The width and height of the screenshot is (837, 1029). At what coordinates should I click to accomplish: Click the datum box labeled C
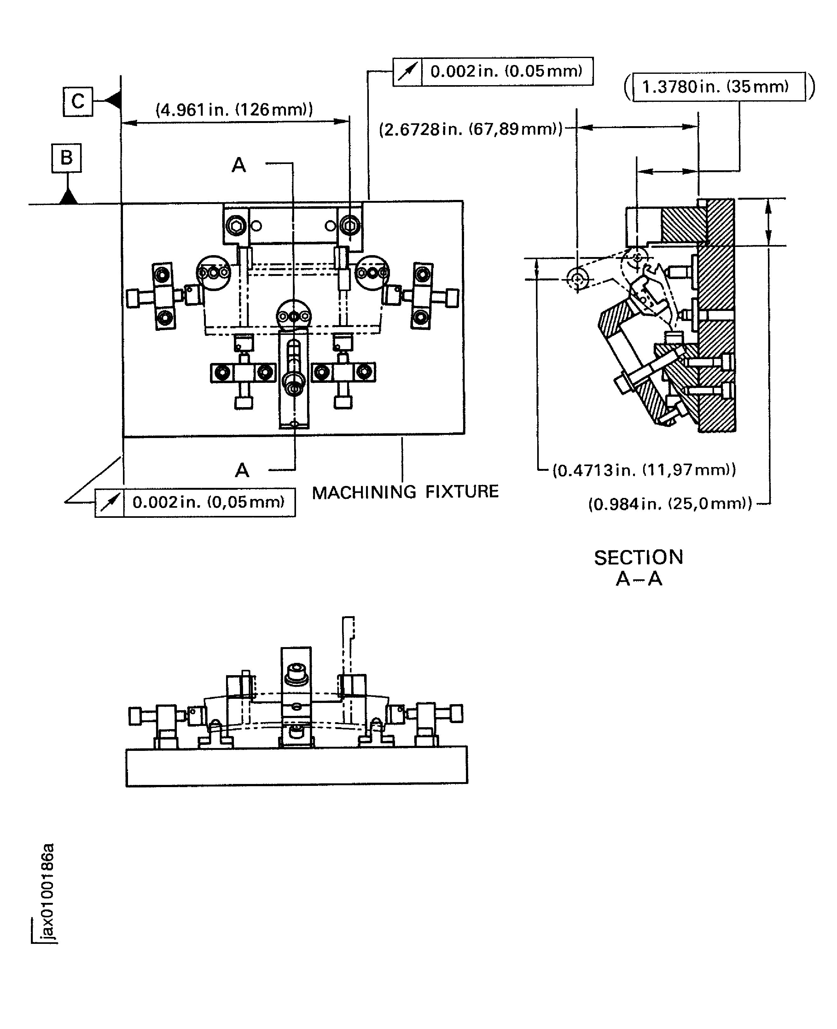click(78, 102)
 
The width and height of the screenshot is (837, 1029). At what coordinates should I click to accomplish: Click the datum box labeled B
click(67, 158)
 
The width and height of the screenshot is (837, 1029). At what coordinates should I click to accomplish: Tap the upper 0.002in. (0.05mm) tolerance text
click(506, 71)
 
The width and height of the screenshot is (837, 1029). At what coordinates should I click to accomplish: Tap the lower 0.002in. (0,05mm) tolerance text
click(208, 502)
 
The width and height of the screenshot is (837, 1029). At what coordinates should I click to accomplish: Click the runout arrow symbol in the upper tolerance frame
click(407, 72)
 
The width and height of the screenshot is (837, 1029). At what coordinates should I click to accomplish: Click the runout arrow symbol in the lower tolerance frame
click(109, 503)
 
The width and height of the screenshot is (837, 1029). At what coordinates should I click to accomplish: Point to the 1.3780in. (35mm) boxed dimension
click(718, 87)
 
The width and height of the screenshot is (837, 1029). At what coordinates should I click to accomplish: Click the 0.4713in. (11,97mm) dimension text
click(644, 470)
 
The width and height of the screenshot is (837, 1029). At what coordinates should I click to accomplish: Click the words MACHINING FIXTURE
click(405, 492)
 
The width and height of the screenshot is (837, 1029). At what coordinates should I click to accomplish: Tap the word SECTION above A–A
click(638, 558)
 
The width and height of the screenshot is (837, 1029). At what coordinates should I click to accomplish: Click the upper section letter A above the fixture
click(239, 165)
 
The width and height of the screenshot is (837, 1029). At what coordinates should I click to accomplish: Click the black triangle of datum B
click(68, 197)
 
